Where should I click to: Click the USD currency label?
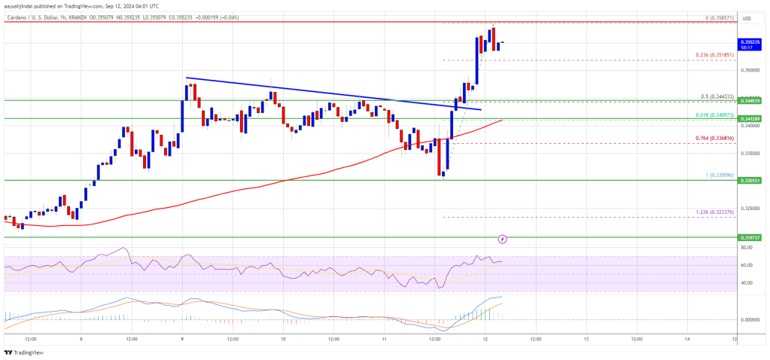(747, 18)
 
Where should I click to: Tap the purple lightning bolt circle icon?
(503, 239)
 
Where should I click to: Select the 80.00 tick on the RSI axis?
(747, 247)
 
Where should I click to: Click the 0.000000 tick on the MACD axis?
(750, 319)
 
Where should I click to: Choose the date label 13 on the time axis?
(586, 338)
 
